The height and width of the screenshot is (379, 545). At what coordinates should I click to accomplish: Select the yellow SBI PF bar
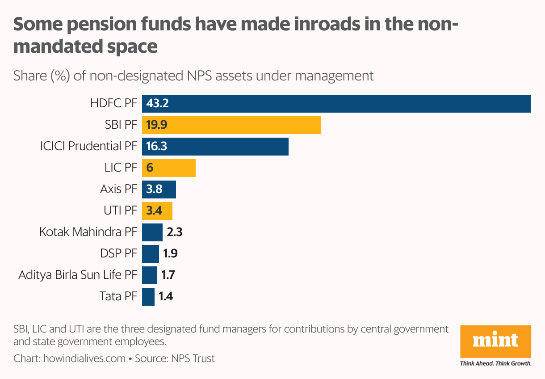pos(231,125)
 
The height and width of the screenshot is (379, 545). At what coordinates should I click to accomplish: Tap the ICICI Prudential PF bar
pos(215,147)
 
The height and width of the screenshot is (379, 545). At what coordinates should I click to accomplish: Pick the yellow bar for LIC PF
pos(169,168)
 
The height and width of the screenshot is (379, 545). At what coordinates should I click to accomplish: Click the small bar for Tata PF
pos(148,297)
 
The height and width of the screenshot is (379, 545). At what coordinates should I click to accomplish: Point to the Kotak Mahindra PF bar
pos(152,232)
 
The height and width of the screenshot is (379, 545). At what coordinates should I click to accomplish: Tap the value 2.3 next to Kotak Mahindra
pos(175,232)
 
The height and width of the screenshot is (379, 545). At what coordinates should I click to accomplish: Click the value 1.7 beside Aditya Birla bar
pos(168,275)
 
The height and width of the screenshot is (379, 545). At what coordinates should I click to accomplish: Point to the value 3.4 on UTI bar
pos(154,211)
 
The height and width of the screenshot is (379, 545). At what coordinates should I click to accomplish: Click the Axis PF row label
pos(118,189)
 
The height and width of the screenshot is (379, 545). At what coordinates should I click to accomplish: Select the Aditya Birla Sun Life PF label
pos(77,275)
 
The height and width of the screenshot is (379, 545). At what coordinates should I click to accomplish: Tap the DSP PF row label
pos(118,254)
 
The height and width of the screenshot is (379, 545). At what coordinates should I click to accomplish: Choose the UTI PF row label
pos(119,211)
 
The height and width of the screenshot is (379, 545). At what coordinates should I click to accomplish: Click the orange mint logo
pos(495,341)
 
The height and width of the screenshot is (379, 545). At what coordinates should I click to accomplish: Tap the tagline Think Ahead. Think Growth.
pos(495,364)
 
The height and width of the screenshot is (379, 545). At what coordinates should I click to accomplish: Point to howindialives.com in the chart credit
pos(84,358)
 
